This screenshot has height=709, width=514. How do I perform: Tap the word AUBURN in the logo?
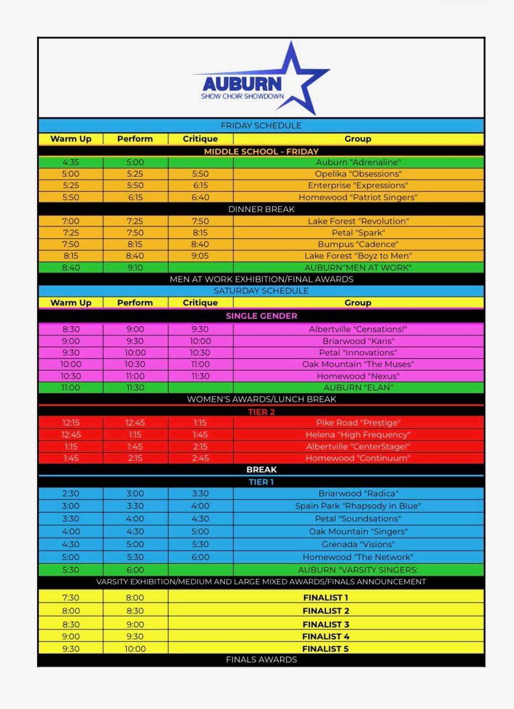coord(242,84)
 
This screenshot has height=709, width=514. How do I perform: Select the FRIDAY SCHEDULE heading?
coord(261,125)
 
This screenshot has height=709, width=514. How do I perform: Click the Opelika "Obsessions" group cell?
coord(358,174)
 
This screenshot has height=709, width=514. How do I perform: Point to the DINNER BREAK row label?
coord(261,209)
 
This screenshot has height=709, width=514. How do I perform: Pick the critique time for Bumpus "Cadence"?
coord(200,244)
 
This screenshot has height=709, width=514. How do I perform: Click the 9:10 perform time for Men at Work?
coord(135,268)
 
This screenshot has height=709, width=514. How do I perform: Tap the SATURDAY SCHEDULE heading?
coord(261,291)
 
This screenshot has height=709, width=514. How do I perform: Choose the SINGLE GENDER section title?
coord(261,316)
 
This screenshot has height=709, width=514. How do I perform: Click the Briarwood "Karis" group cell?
coord(358,341)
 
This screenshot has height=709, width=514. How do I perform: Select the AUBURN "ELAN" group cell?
coord(358,388)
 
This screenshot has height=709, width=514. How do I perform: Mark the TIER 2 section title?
coord(261,412)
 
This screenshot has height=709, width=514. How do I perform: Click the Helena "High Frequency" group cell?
coord(358,435)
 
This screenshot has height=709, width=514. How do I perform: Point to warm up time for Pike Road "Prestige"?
coord(71,423)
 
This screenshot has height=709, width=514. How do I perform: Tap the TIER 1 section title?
coord(261,482)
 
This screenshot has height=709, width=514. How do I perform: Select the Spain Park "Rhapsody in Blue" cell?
coord(358,506)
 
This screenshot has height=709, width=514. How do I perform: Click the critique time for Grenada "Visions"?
coord(200,544)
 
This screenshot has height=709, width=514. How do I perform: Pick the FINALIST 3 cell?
coord(325,624)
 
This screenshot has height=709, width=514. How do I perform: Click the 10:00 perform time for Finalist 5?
coord(135,649)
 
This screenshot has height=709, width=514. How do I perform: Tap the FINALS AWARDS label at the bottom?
coord(261,660)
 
